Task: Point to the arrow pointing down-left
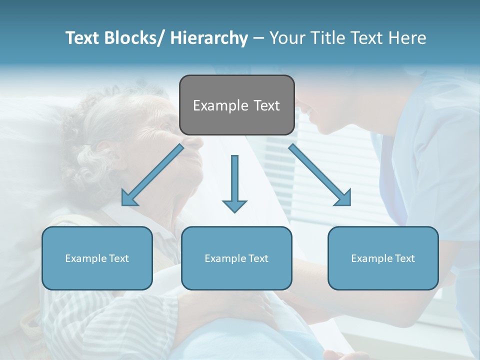coord(153,175)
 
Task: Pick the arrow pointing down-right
coord(320,175)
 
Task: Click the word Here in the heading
coord(406,38)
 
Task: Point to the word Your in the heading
coord(286,38)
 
